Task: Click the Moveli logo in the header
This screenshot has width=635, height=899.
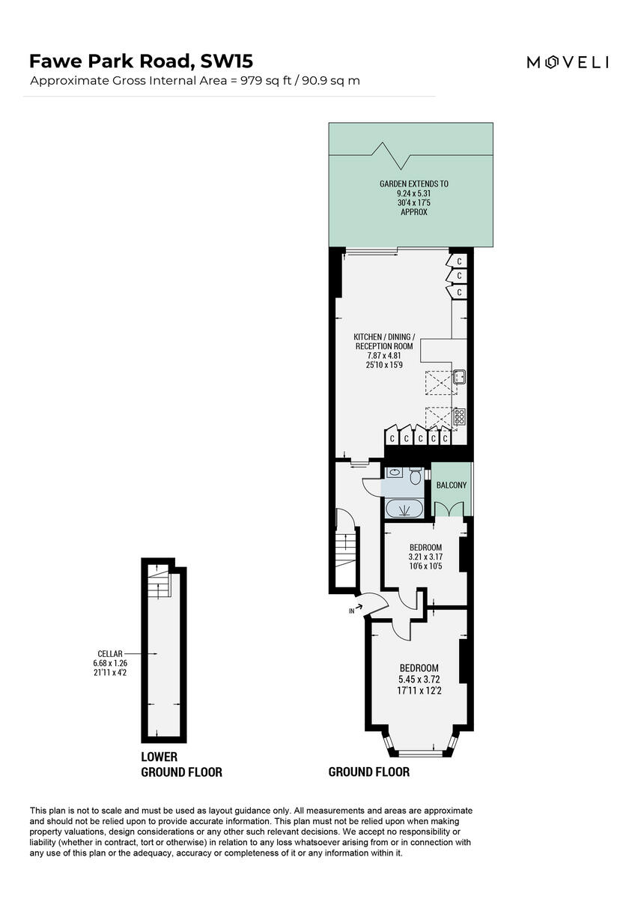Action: tap(567, 63)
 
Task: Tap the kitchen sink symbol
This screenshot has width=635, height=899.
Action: tap(460, 378)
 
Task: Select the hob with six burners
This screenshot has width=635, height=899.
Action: tap(460, 416)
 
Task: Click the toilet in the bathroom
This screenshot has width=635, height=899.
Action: tap(415, 476)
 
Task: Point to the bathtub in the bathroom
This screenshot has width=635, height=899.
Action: tap(404, 510)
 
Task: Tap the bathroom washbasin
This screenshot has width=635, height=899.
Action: tap(395, 473)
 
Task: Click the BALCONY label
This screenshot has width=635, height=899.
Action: tap(452, 485)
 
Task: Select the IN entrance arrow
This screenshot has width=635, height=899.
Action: tap(358, 608)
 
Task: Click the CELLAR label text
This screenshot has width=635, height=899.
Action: tap(109, 653)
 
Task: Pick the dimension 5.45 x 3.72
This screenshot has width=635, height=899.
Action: tap(419, 679)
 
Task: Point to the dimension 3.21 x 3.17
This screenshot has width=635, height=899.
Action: tap(425, 557)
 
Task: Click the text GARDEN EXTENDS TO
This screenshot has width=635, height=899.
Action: tap(413, 184)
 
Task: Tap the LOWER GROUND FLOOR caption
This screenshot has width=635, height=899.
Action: tap(181, 764)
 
